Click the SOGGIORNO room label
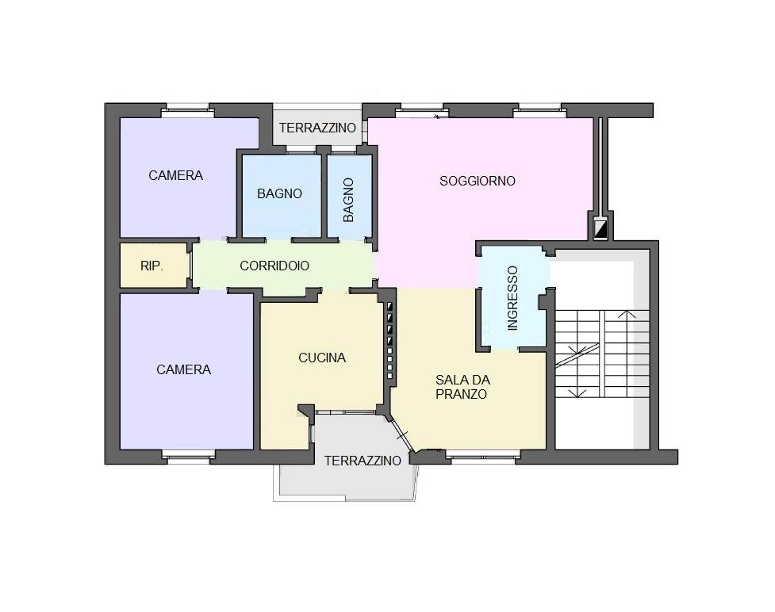[478, 181]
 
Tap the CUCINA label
[322, 358]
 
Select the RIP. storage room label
[152, 266]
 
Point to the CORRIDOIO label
[274, 266]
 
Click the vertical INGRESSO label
[512, 298]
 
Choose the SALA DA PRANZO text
[462, 387]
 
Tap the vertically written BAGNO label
[348, 200]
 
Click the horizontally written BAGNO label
[279, 193]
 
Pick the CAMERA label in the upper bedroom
[175, 175]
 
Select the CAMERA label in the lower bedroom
[183, 369]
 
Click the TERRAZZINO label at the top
[317, 128]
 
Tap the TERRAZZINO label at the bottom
[363, 461]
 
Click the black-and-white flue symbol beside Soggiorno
[600, 230]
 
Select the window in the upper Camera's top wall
[187, 110]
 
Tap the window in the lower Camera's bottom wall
[189, 457]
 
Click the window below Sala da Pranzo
[482, 457]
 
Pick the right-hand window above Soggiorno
[539, 110]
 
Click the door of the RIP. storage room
[190, 266]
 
